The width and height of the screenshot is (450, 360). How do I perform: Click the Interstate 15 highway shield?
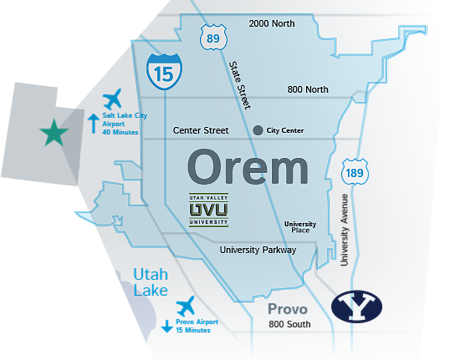click(x=165, y=72)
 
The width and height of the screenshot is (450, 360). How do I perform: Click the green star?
click(x=54, y=133)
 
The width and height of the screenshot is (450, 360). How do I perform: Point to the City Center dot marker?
click(x=258, y=130)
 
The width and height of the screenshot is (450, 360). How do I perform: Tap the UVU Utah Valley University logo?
click(x=208, y=210)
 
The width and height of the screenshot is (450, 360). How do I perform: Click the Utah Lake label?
click(x=150, y=282)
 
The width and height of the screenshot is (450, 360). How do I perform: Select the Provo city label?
click(x=288, y=309)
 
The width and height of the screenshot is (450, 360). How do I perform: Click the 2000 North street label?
click(x=271, y=24)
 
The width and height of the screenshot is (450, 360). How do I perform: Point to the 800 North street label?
click(x=307, y=90)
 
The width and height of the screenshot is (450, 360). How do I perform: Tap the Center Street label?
click(x=201, y=130)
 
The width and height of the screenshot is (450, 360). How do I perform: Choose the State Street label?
click(x=239, y=85)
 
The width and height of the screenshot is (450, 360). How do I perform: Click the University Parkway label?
click(x=258, y=250)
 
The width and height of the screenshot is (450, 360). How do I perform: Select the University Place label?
click(x=300, y=227)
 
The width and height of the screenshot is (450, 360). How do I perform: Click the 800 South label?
click(x=289, y=324)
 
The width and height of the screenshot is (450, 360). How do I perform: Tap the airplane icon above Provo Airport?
click(x=186, y=306)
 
